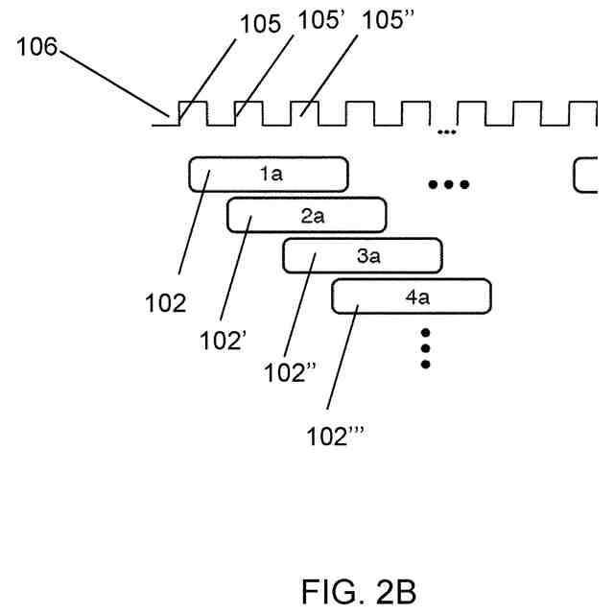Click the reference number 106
coord(36,47)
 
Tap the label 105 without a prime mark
coord(260,24)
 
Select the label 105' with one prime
coord(321,19)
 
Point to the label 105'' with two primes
coord(388,19)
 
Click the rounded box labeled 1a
coord(269,175)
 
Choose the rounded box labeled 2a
coord(307,215)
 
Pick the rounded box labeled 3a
coord(363,256)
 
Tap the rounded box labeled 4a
coord(412,296)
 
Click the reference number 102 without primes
coord(166,303)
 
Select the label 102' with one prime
coord(224,341)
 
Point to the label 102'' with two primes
coord(290,372)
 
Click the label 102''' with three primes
coord(335,437)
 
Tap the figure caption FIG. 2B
coord(359,592)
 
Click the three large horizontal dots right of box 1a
coord(449,184)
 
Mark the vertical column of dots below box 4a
coord(426,348)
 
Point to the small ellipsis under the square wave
coord(447,132)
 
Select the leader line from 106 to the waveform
coord(114,83)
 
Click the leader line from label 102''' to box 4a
coord(342,358)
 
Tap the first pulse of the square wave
coord(193,103)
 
